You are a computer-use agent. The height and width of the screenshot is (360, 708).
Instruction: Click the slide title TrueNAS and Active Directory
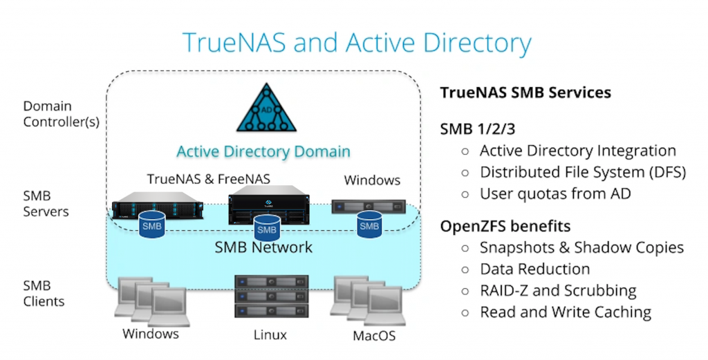tap(356, 43)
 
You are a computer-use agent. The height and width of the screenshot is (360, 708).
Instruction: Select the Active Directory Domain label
tap(263, 151)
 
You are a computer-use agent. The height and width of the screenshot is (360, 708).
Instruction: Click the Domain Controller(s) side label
tap(62, 114)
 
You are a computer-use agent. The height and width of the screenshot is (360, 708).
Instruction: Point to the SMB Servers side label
tap(46, 204)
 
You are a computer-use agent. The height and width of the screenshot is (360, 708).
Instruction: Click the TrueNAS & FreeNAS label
tap(208, 179)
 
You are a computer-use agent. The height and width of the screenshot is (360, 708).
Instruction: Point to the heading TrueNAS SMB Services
tap(525, 93)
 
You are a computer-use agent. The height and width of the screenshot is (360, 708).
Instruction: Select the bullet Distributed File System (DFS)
tap(582, 172)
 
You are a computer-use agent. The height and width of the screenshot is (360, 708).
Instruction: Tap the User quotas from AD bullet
tap(555, 193)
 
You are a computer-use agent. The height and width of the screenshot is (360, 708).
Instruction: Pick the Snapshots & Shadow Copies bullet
tap(581, 247)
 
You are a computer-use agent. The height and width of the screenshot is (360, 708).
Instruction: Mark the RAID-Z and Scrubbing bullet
tap(558, 290)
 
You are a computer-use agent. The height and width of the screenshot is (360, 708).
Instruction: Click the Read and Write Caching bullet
tap(566, 312)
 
